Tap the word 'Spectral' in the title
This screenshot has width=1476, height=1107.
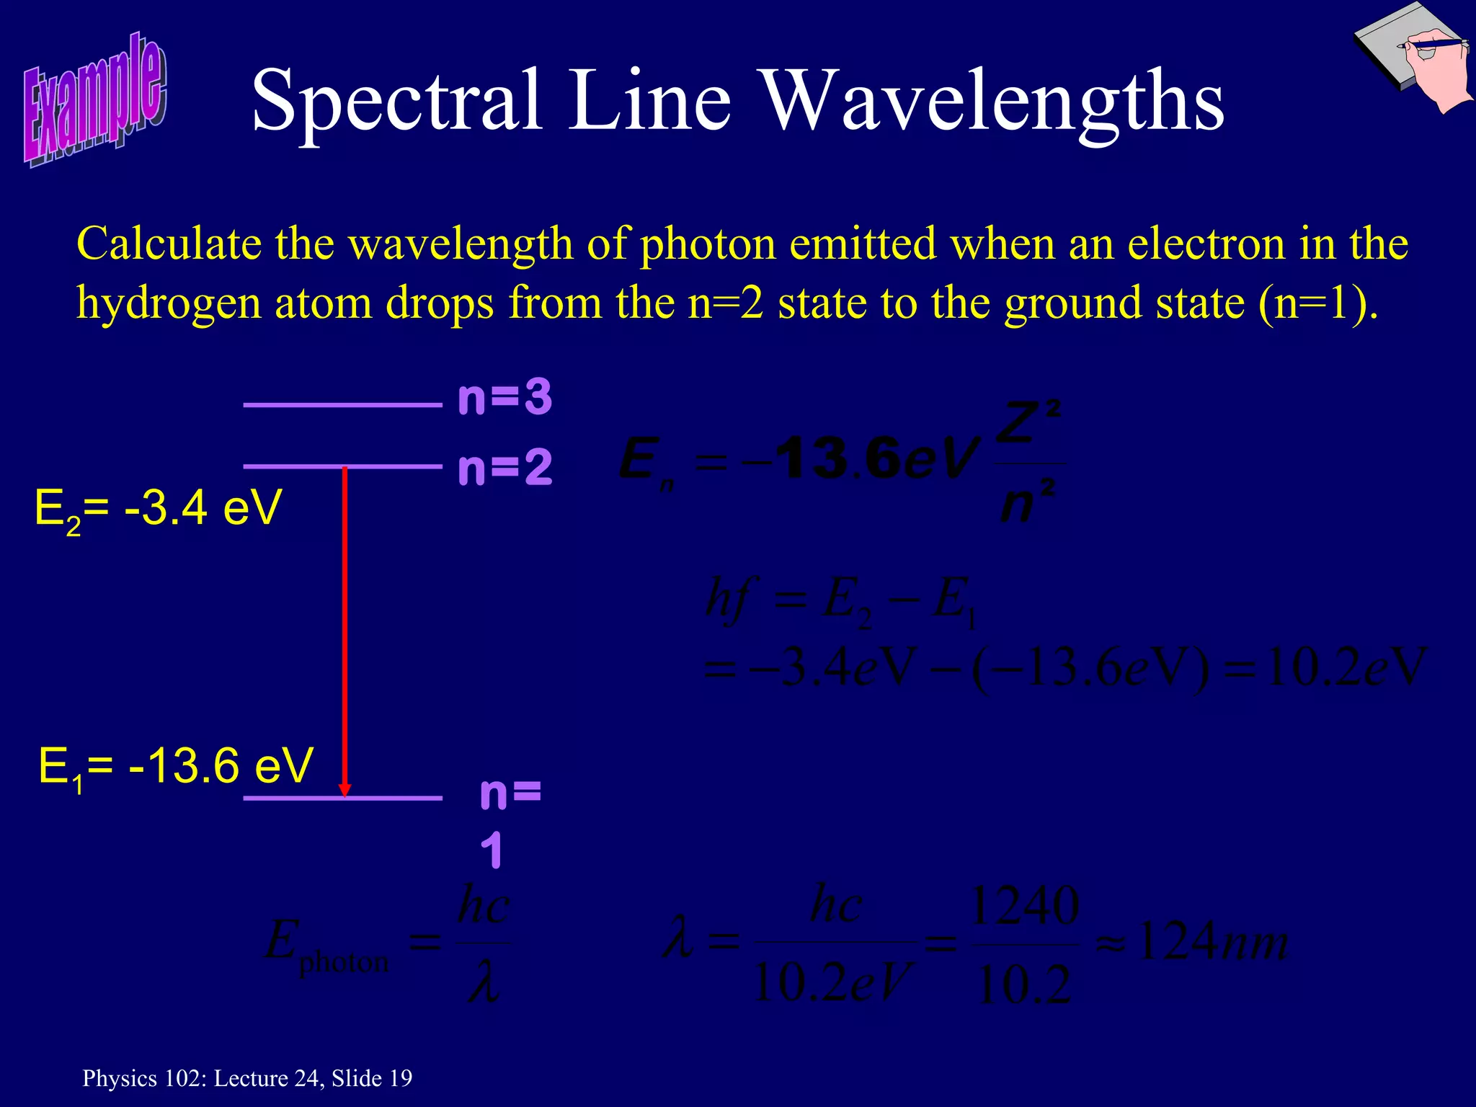[396, 101]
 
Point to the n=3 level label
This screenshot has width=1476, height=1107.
[504, 397]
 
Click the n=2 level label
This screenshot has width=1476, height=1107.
[504, 467]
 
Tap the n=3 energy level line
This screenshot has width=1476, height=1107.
[342, 405]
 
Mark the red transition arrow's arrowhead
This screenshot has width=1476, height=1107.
[344, 789]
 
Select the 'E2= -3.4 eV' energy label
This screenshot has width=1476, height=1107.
[158, 509]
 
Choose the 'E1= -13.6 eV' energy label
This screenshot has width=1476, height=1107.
[175, 766]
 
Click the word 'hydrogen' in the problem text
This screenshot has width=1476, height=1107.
[169, 303]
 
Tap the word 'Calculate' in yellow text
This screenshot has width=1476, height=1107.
[169, 244]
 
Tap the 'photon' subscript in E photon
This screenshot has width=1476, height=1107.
[344, 963]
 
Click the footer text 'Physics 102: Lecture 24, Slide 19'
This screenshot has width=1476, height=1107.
[247, 1078]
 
